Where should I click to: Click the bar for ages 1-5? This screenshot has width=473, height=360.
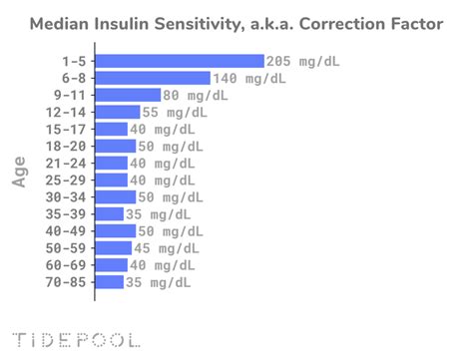pyautogui.click(x=180, y=61)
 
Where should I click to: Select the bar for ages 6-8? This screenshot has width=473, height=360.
pyautogui.click(x=153, y=78)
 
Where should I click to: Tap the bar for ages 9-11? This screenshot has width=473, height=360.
pyautogui.click(x=128, y=95)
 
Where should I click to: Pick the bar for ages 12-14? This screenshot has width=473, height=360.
pyautogui.click(x=116, y=112)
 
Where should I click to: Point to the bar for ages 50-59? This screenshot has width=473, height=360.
pyautogui.click(x=114, y=247)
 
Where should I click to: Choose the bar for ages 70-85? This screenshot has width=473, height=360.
pyautogui.click(x=110, y=281)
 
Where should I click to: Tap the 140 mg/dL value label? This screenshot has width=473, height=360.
pyautogui.click(x=248, y=78)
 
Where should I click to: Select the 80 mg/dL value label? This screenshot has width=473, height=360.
pyautogui.click(x=195, y=95)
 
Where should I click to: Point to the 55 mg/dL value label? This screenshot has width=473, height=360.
pyautogui.click(x=174, y=112)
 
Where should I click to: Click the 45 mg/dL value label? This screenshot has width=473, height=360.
pyautogui.click(x=169, y=247)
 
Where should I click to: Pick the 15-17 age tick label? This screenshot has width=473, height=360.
pyautogui.click(x=66, y=129)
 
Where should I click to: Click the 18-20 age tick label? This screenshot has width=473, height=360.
pyautogui.click(x=66, y=146)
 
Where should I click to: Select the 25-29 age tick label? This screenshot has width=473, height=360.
pyautogui.click(x=66, y=180)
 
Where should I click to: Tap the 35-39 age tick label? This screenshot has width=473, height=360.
pyautogui.click(x=66, y=213)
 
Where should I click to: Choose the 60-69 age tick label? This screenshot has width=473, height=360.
pyautogui.click(x=66, y=264)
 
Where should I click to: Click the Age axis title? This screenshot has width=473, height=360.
pyautogui.click(x=20, y=171)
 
